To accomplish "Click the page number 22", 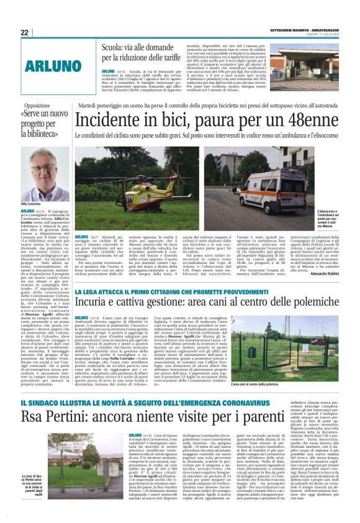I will (x=25, y=32).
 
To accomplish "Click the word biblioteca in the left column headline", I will (x=47, y=134).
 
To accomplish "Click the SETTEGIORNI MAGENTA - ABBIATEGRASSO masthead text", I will (x=305, y=32).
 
